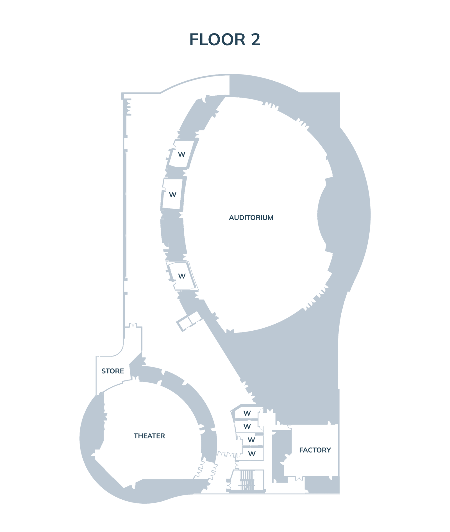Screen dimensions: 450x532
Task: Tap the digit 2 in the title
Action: pyautogui.click(x=255, y=40)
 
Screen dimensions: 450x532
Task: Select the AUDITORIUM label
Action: pyautogui.click(x=251, y=218)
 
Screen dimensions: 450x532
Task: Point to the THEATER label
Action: pyautogui.click(x=149, y=436)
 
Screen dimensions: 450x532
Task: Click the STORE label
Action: pyautogui.click(x=113, y=371)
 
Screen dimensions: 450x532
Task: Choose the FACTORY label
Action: pyautogui.click(x=315, y=450)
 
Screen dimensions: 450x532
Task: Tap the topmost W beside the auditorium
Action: pyautogui.click(x=182, y=154)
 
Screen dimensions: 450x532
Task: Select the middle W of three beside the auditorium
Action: pyautogui.click(x=172, y=195)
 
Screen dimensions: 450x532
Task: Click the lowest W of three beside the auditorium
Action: pyautogui.click(x=182, y=276)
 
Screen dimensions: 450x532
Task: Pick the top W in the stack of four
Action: pyautogui.click(x=247, y=413)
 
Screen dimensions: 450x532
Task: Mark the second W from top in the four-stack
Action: pyautogui.click(x=247, y=426)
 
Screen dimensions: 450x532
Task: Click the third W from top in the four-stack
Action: pyautogui.click(x=251, y=439)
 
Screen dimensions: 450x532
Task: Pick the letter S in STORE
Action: pyautogui.click(x=103, y=371)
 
